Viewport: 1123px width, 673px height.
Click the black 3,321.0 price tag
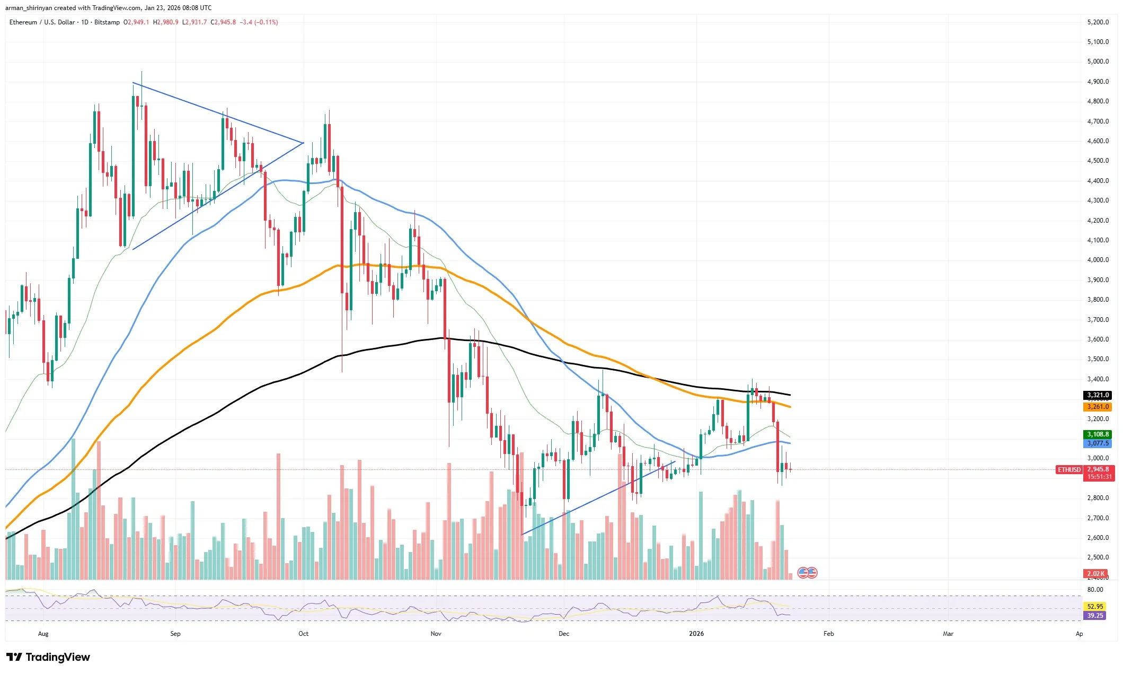click(1098, 395)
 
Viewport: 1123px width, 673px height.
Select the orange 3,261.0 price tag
click(1098, 407)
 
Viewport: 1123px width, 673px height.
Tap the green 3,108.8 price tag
click(1098, 434)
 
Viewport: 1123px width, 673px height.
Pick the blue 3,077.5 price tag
click(1098, 443)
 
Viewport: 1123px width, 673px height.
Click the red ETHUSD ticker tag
click(1069, 470)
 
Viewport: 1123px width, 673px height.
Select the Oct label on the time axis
click(303, 634)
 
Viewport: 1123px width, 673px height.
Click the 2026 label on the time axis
click(696, 634)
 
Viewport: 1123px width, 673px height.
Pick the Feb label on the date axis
click(828, 634)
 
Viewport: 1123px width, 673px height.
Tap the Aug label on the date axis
click(43, 634)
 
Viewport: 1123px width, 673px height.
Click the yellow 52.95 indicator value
click(1095, 606)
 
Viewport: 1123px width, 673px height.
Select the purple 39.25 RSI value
click(1095, 616)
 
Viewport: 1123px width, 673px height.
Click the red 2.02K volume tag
click(1095, 574)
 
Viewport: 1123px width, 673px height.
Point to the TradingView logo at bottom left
click(48, 657)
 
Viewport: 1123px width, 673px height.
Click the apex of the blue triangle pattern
click(303, 143)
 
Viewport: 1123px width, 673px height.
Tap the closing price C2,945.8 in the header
click(223, 22)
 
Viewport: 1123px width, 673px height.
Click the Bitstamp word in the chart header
click(107, 22)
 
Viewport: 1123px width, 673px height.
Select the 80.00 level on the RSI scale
click(1095, 590)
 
